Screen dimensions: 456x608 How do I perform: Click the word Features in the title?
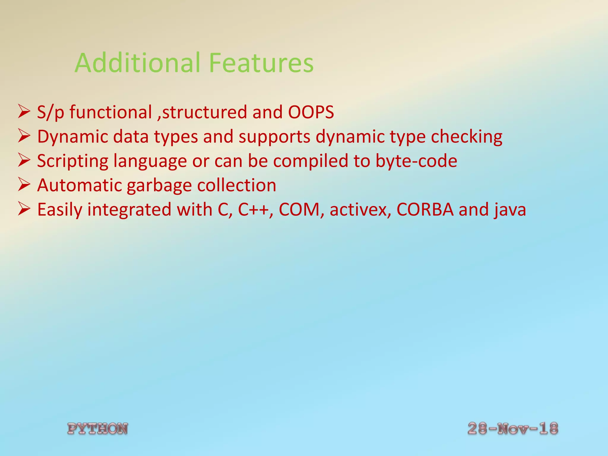pyautogui.click(x=261, y=63)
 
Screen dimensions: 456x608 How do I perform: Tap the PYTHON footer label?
pyautogui.click(x=98, y=429)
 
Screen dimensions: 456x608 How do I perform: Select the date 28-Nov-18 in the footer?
pyautogui.click(x=513, y=428)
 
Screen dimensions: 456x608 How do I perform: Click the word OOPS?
pyautogui.click(x=311, y=112)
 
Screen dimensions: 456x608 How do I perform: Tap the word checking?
pyautogui.click(x=466, y=137)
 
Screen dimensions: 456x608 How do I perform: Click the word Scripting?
pyautogui.click(x=73, y=161)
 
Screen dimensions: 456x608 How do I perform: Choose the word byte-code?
pyautogui.click(x=416, y=161)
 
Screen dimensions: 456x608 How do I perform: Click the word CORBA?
pyautogui.click(x=425, y=210)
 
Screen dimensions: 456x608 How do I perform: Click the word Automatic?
pyautogui.click(x=79, y=186)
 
